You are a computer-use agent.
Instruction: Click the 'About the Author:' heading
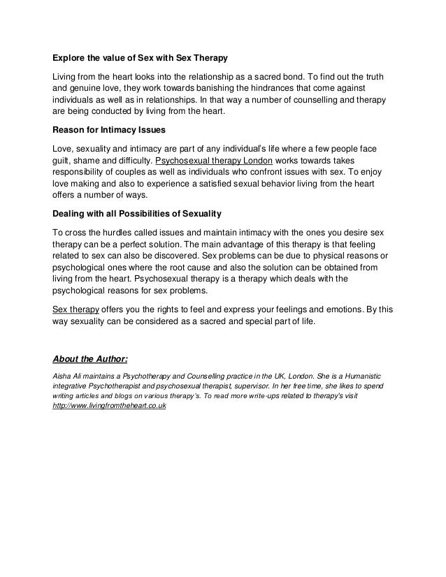pyautogui.click(x=90, y=360)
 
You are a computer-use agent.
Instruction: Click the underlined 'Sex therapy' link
pyautogui.click(x=76, y=308)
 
